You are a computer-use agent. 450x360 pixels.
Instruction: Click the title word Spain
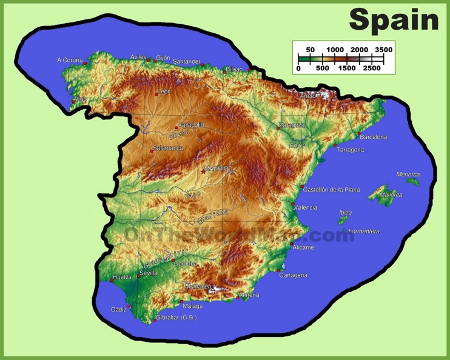pos(394,19)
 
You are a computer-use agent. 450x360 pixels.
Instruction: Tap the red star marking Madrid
pos(203,172)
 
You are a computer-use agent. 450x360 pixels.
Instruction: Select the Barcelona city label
pos(373,137)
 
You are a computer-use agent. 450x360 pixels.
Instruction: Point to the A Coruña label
pos(69,60)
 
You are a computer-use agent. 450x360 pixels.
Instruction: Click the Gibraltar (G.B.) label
pos(176,318)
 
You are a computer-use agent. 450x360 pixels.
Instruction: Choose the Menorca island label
pos(408,175)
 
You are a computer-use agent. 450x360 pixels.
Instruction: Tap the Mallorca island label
pos(391,195)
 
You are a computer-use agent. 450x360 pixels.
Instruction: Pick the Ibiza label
pos(345,213)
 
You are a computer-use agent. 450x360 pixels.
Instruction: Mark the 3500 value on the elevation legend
pos(383,49)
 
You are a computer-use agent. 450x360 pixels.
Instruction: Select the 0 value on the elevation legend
pos(298,68)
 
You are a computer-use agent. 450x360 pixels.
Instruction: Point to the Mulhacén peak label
pos(198,286)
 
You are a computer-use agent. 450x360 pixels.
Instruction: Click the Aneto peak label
pos(308,96)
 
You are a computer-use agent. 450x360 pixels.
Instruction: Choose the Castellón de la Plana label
pos(331,190)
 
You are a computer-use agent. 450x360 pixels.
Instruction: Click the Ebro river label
pos(298,145)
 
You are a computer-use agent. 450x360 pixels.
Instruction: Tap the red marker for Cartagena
pos(278,270)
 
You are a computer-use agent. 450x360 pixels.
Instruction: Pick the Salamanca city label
pos(168,148)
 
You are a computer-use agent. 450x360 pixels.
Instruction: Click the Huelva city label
pos(122,277)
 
